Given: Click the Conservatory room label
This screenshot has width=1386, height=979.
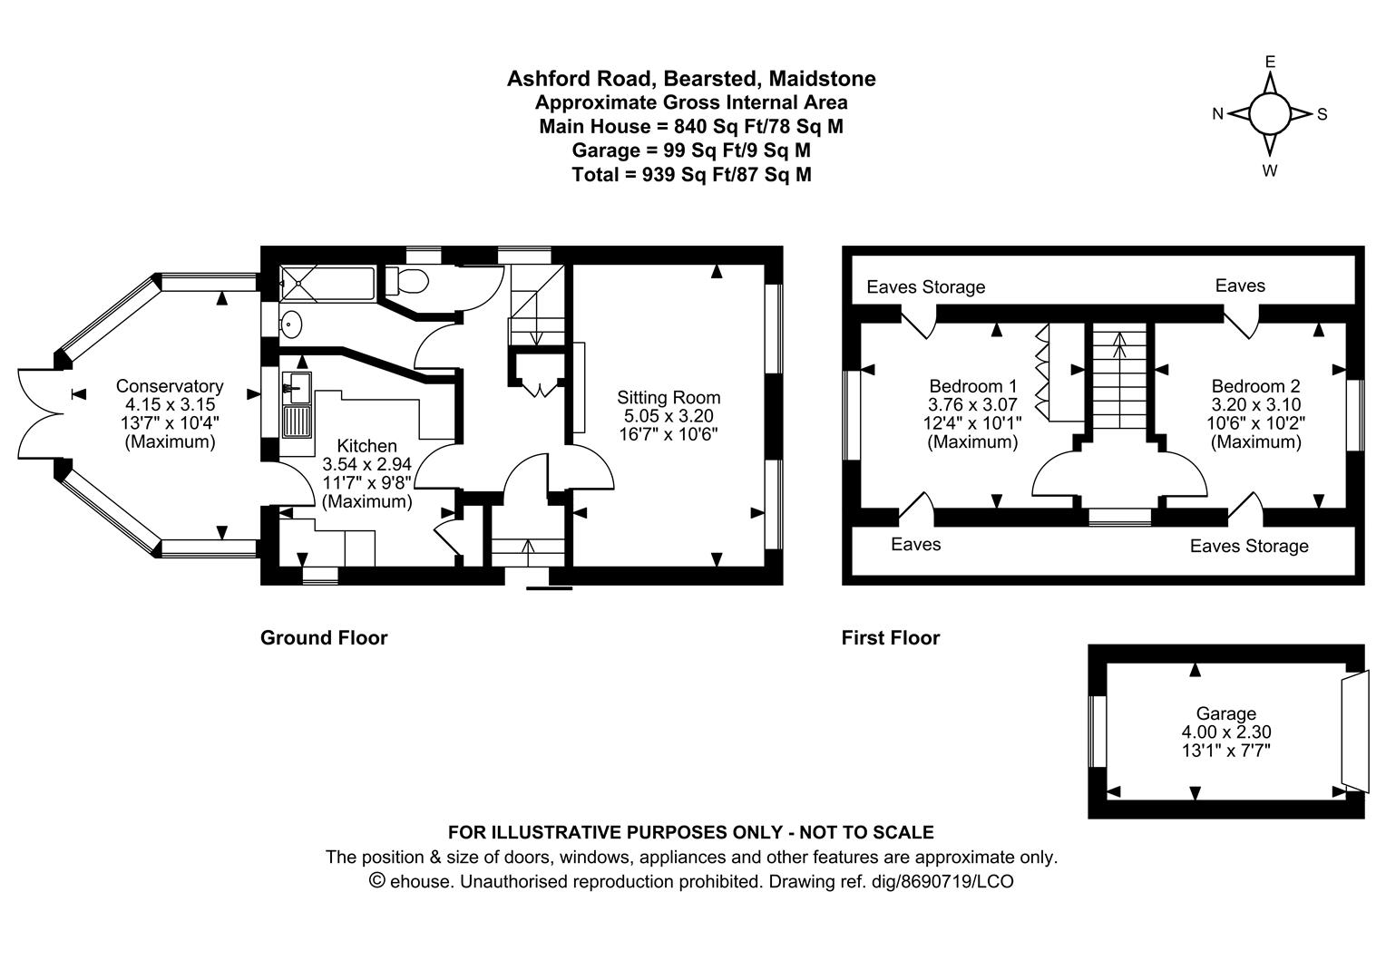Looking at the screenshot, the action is click(x=170, y=386).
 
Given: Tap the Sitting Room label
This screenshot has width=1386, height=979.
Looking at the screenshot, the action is click(x=669, y=397).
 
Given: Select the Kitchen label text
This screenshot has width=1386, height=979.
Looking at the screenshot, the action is click(x=367, y=446).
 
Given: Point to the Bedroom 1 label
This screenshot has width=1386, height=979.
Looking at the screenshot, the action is click(x=972, y=386).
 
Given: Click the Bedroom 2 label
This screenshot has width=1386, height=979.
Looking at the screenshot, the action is click(x=1256, y=386).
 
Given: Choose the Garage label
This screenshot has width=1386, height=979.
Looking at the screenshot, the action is click(x=1225, y=713).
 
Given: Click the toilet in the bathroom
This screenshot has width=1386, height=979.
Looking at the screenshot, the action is click(x=406, y=281).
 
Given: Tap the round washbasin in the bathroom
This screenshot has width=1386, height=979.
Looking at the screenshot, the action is click(x=291, y=324).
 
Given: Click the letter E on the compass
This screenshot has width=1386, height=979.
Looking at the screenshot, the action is click(x=1270, y=62).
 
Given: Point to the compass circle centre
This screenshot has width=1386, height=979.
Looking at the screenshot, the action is click(x=1270, y=114).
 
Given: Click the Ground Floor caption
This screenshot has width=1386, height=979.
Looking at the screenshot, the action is click(x=324, y=637).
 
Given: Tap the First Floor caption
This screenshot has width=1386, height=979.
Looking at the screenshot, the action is click(x=891, y=637).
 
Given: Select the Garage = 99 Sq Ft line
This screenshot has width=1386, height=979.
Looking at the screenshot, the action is click(x=691, y=150).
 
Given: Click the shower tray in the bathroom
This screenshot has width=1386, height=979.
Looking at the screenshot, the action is click(x=327, y=284).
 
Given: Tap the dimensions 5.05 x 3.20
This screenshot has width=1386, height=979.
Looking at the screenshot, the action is click(x=669, y=415).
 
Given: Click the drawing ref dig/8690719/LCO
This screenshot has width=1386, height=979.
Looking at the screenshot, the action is click(x=891, y=881).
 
